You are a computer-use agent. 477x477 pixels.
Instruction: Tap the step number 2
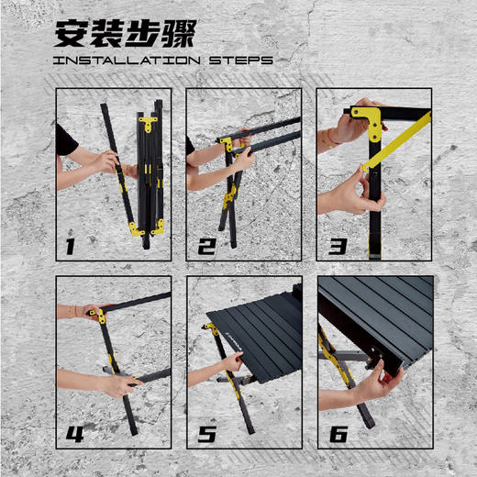[205, 246]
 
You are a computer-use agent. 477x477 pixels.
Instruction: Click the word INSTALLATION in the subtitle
[124, 61]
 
